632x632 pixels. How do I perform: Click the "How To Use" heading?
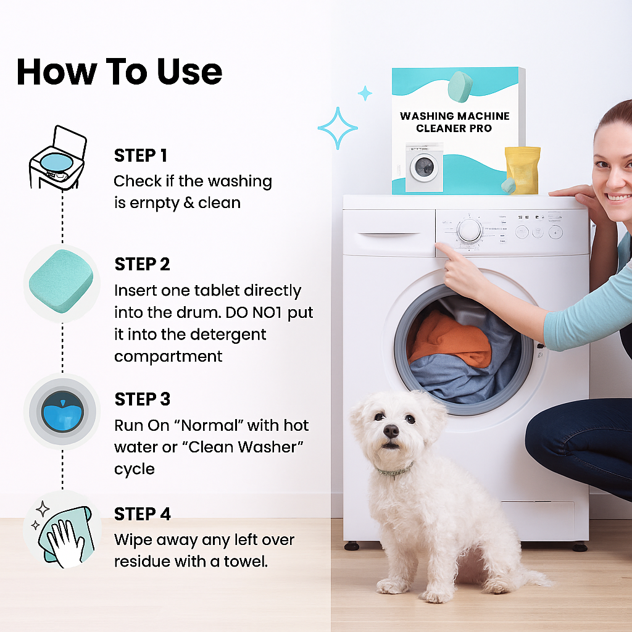coord(119,72)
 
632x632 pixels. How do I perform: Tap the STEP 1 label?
coord(141,156)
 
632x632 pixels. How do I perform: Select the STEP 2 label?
coord(142,264)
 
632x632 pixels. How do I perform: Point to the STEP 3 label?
coord(142,399)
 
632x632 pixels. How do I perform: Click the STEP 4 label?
coord(143,513)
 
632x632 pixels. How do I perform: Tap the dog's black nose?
coord(390,430)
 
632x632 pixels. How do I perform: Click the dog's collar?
coord(395,472)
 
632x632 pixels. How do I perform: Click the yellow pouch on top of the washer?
coord(523,170)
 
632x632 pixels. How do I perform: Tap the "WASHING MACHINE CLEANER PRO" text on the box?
coord(454,122)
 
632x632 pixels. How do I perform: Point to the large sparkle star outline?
coord(338,128)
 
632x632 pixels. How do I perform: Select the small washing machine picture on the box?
coord(424,167)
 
